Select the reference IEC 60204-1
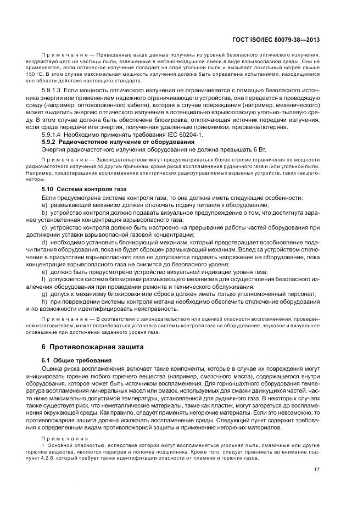point(184,134)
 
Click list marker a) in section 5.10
point(44,204)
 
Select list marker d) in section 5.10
point(44,242)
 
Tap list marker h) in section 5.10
point(44,301)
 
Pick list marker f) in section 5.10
point(44,279)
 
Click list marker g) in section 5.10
point(44,294)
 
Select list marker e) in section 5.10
point(44,271)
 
